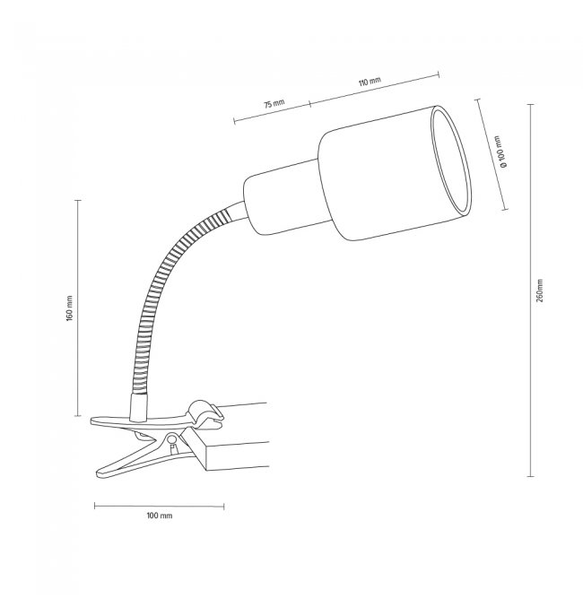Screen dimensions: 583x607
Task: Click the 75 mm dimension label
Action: click(274, 104)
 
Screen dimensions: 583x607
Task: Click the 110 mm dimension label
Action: click(370, 82)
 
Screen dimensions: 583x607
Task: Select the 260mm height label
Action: click(540, 290)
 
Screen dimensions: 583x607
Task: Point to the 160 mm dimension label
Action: click(69, 308)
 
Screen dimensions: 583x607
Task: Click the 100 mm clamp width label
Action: click(160, 516)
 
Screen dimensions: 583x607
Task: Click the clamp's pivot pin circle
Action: click(171, 439)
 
